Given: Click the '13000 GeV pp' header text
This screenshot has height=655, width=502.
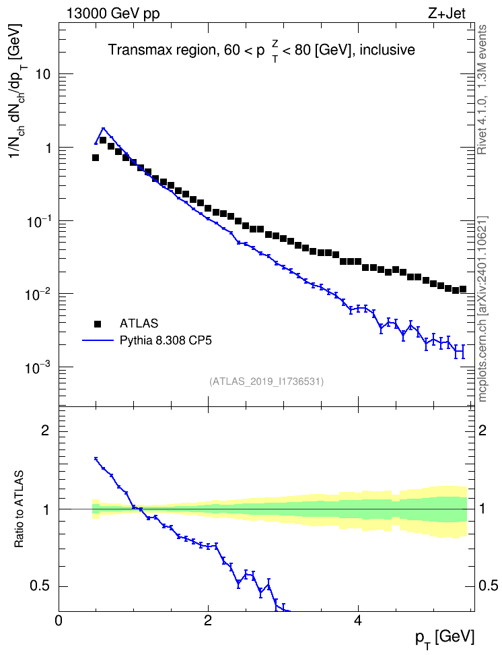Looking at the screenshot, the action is coord(113,13).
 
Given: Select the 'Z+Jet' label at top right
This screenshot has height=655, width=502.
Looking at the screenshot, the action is coord(447,13).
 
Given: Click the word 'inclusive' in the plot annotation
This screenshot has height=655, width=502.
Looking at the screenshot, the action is coord(387,50).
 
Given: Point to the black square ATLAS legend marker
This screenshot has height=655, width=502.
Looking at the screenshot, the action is coord(98,323).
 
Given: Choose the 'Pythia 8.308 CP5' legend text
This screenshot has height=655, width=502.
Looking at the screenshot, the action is coord(166,340).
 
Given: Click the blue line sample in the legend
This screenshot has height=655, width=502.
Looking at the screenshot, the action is coord(98,340).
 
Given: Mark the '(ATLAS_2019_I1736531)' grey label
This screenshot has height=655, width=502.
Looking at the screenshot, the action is coord(266,381).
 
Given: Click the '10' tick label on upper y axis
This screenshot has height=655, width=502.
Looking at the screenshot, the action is coord(43,74).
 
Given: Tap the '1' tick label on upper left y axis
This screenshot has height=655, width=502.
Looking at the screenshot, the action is coord(46,148).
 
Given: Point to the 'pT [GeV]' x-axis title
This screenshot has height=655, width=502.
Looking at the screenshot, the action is coord(445,639).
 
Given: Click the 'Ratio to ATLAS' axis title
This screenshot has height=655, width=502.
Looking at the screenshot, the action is coord(20,509).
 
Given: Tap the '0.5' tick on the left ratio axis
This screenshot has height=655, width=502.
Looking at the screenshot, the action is coord(40,586).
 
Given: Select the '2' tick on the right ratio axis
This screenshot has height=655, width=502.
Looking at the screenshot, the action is coord(482,430).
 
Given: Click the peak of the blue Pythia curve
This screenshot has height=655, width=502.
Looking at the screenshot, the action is coord(103,128).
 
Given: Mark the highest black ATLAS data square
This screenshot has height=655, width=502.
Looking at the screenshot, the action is coord(103,140).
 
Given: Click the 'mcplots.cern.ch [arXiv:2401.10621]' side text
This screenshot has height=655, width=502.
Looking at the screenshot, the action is coord(482,309).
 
